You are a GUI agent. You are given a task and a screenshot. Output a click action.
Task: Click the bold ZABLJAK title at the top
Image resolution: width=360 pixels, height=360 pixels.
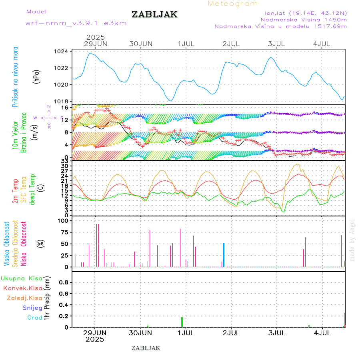coord(154,15)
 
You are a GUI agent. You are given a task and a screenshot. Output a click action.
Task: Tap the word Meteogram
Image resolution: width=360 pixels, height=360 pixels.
coord(233,4)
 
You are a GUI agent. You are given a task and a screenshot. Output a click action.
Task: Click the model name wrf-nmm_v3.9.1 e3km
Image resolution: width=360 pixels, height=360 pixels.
coord(76,23)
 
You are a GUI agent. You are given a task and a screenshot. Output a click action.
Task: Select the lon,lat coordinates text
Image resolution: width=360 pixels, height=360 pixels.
coord(303,13)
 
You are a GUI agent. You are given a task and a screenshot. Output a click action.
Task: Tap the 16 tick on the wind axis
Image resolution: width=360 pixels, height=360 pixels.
coord(64,108)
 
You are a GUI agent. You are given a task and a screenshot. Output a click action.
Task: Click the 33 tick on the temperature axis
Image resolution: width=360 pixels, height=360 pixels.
coord(64,161)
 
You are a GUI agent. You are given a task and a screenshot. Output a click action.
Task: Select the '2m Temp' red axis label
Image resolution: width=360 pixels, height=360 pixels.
coord(16,192)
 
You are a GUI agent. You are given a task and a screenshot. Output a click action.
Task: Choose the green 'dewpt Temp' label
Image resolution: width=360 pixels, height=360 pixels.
coord(32,189)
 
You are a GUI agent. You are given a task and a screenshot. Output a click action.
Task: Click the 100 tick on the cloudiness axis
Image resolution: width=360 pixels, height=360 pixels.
coord(64,220)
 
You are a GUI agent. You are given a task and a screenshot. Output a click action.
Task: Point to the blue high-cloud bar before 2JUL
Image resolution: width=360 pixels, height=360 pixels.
coord(224,255)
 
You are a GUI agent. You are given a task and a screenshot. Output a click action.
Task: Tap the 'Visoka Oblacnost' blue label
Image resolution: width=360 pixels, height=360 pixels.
coord(7,244)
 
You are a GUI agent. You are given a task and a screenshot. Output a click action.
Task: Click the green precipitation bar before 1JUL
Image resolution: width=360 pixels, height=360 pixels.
coord(182,322)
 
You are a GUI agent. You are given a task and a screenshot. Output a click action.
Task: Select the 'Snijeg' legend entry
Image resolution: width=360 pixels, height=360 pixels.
coord(33,308)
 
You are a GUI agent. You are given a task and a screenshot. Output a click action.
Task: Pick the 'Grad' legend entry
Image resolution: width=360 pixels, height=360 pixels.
coord(35,318)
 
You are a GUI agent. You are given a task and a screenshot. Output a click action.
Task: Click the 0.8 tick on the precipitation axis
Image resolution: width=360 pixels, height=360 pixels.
coord(63,282)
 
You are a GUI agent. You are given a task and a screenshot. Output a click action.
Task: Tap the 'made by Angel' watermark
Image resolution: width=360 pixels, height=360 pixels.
coord(352,240)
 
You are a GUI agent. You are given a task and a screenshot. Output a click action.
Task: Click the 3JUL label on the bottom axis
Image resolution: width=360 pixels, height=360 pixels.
coord(276,333)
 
